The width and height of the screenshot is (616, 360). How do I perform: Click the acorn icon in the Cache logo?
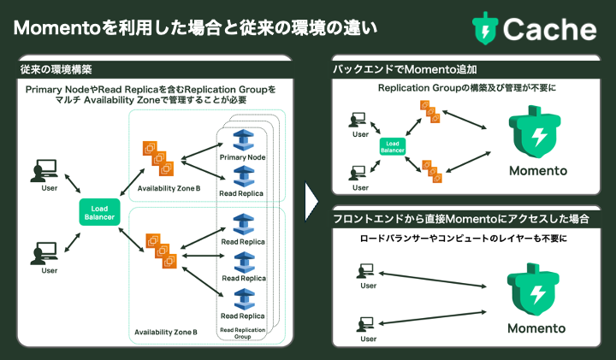coord(485,27)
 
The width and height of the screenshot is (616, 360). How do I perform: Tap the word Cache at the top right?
coord(549,28)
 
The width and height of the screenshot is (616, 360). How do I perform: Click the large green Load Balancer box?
coord(99,211)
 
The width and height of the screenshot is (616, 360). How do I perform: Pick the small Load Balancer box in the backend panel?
coord(392,147)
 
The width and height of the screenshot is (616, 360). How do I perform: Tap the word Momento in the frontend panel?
coord(536,328)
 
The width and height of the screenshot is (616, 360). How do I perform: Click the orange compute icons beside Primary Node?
coord(157,154)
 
